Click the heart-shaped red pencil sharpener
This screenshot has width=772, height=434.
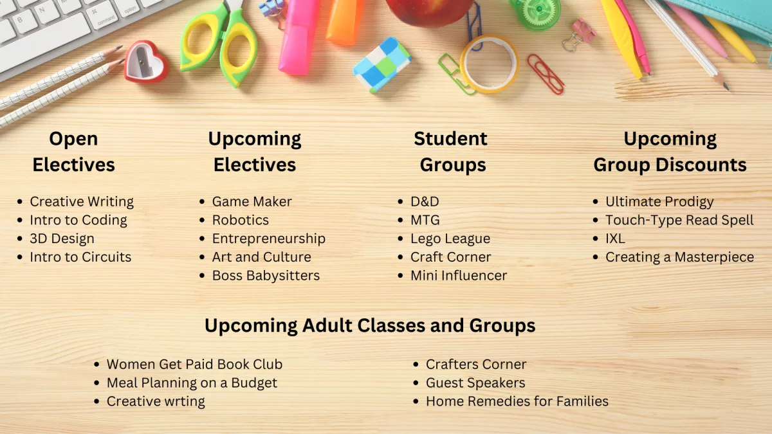pos(146,62)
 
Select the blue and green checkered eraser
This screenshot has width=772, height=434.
pos(383,65)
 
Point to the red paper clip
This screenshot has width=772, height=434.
pos(546,74)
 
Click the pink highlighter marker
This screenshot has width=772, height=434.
pos(299,36)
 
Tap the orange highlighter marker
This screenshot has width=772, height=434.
pos(345,21)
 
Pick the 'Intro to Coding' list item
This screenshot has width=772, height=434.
pos(78,220)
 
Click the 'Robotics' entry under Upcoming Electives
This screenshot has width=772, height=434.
pos(240,220)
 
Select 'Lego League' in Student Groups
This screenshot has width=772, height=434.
pos(450,239)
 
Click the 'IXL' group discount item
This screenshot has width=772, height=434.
pos(615,239)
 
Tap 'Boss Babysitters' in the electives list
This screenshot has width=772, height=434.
pos(266,276)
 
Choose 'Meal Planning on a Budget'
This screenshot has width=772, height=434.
pos(192,383)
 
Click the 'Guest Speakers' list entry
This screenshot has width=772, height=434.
pos(475,383)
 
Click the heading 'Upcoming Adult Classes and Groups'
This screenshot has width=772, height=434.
pos(370,325)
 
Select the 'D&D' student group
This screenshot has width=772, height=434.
pos(425,201)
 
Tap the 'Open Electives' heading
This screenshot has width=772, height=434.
pos(73,152)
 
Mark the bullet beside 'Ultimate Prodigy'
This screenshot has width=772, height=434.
pos(596,201)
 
